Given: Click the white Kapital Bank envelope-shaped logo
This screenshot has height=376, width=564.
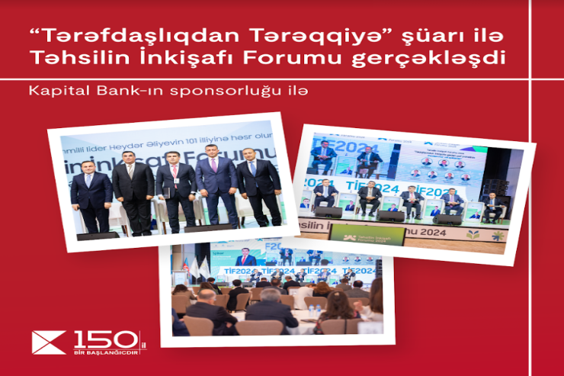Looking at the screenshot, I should pos(49,342).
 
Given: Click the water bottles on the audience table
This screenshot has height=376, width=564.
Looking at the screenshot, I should pos(313,311).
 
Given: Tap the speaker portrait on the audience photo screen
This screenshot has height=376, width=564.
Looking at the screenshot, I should pos(245,259).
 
